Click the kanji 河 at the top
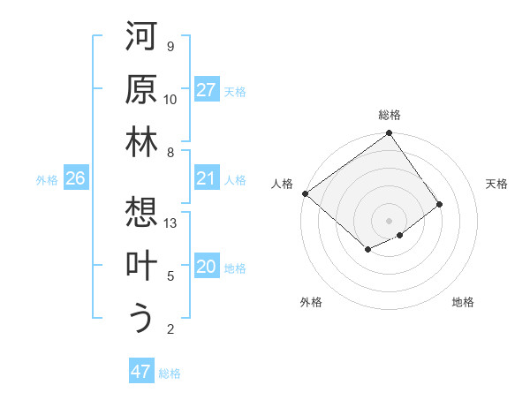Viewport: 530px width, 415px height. pos(141,37)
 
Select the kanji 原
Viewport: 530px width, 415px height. pos(141,90)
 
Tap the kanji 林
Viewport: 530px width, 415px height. pos(141,143)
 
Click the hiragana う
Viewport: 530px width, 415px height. pos(141,318)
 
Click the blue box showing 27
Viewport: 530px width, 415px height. pos(207,90)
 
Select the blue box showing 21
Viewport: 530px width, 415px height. pos(207,178)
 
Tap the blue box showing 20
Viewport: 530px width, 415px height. pos(207,267)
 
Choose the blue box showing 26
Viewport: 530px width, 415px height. pos(75,178)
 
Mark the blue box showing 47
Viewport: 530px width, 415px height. pos(141,372)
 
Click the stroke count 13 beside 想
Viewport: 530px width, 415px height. pos(171,223)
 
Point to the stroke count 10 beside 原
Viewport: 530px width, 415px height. pos(170,100)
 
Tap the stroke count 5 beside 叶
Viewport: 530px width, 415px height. pos(170,276)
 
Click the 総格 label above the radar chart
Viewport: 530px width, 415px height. pos(390,115)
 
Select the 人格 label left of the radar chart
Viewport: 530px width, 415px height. pos(283,183)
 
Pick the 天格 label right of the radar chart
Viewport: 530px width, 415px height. pos(496,183)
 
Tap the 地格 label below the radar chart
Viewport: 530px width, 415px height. pos(463,302)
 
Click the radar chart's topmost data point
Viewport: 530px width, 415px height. pos(390,135)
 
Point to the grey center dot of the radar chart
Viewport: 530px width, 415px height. pos(389,219)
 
